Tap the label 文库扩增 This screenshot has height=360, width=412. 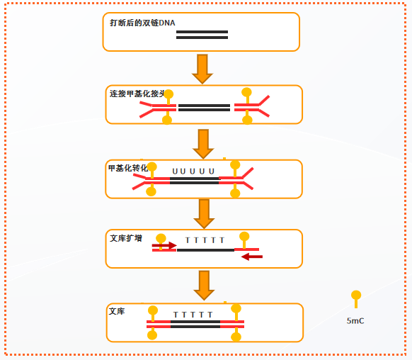pyautogui.click(x=127, y=238)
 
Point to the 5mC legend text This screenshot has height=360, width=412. pyautogui.click(x=356, y=320)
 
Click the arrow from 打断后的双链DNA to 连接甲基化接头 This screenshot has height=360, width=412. pyautogui.click(x=203, y=69)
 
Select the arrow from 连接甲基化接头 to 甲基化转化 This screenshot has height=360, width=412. pyautogui.click(x=203, y=143)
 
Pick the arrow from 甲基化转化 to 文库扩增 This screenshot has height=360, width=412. pyautogui.click(x=204, y=213)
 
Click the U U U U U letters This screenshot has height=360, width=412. pyautogui.click(x=193, y=171)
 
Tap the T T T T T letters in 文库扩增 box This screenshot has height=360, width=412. pyautogui.click(x=205, y=240)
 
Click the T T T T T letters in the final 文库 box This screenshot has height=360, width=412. pyautogui.click(x=193, y=314)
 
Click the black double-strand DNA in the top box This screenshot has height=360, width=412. pyautogui.click(x=202, y=35)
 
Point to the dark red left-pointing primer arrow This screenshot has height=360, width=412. pyautogui.click(x=251, y=257)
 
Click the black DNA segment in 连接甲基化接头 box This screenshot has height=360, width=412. pyautogui.click(x=204, y=108)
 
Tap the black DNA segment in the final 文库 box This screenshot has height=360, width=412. pyautogui.click(x=195, y=325)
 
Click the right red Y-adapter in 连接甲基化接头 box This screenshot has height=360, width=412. pyautogui.click(x=253, y=106)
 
